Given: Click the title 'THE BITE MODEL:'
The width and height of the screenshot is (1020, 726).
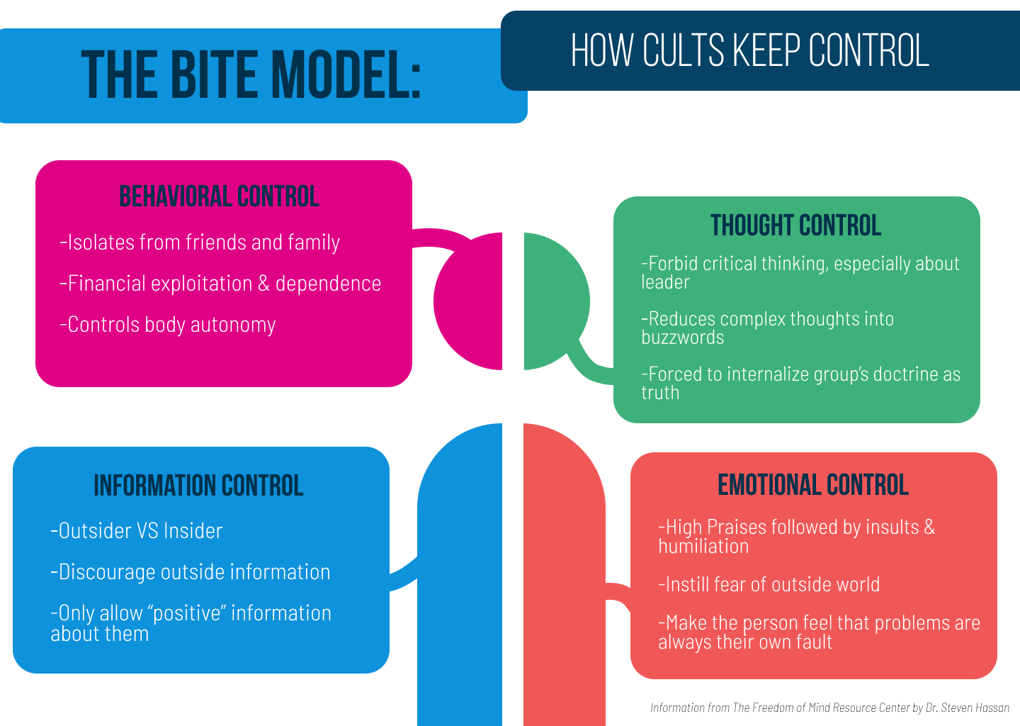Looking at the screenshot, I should click(x=251, y=74).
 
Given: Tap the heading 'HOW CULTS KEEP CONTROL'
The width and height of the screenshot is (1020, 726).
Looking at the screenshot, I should click(x=749, y=50).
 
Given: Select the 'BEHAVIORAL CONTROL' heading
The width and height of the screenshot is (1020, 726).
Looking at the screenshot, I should click(x=219, y=196).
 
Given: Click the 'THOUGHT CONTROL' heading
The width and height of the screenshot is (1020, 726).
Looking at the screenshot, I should click(x=795, y=225).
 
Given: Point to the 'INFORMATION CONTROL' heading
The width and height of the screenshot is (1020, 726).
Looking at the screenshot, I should click(x=198, y=486).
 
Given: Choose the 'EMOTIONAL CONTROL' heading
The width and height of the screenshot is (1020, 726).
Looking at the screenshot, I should click(x=813, y=485).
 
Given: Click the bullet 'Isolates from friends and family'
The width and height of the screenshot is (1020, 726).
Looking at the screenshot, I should click(x=200, y=242).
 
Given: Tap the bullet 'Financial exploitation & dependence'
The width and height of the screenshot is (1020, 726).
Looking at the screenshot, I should click(x=220, y=284).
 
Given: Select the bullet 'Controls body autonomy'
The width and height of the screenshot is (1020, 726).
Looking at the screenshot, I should click(x=168, y=325).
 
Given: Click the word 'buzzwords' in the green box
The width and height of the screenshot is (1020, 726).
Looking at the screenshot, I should click(x=683, y=337).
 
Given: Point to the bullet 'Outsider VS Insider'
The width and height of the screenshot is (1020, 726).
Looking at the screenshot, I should click(x=137, y=531).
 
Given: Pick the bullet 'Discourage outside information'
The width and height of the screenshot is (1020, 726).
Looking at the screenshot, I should click(x=191, y=572).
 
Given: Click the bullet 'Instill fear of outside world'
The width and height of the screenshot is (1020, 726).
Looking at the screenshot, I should click(x=769, y=585).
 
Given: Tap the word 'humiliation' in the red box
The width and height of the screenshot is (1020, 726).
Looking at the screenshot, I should click(x=703, y=547).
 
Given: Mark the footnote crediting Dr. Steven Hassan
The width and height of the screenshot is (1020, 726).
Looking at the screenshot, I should click(x=829, y=708).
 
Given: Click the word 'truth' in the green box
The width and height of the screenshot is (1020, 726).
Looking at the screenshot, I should click(x=660, y=393).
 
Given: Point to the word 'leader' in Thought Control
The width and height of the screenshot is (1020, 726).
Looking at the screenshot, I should click(x=665, y=282).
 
